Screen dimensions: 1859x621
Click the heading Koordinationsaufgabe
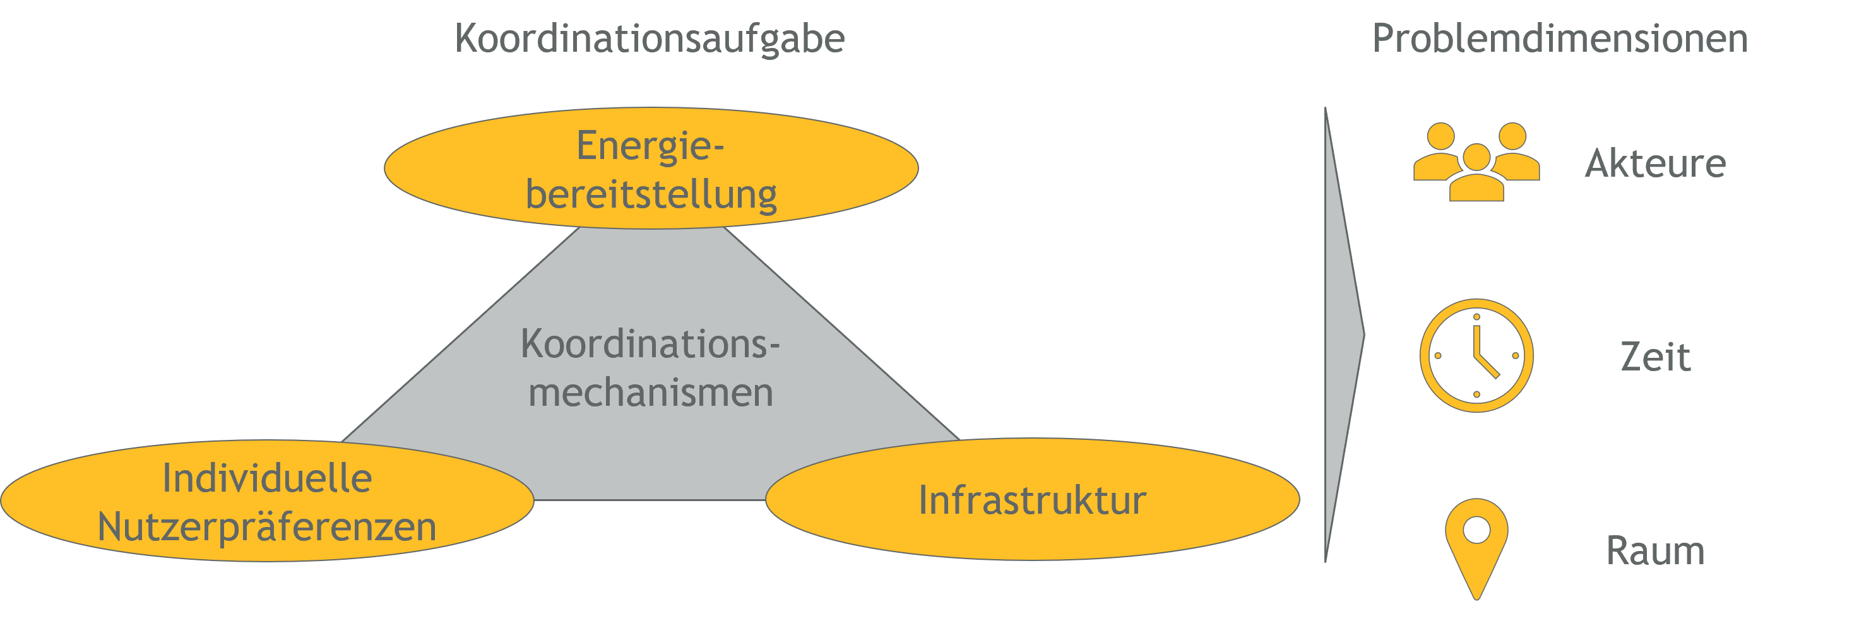pyautogui.click(x=650, y=39)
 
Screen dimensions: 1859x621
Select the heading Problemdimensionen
pyautogui.click(x=1560, y=38)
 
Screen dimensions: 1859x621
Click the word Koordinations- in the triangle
pyautogui.click(x=650, y=344)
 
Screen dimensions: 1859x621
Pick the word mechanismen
pyautogui.click(x=651, y=393)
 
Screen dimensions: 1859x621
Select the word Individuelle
pyautogui.click(x=267, y=478)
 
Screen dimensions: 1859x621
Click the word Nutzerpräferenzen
pyautogui.click(x=267, y=527)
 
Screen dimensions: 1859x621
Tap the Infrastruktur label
pyautogui.click(x=1033, y=500)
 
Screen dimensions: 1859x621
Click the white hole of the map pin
pyautogui.click(x=1476, y=530)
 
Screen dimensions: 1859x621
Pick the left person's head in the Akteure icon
pyautogui.click(x=1441, y=136)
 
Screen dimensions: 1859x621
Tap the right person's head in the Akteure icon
pyautogui.click(x=1512, y=136)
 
